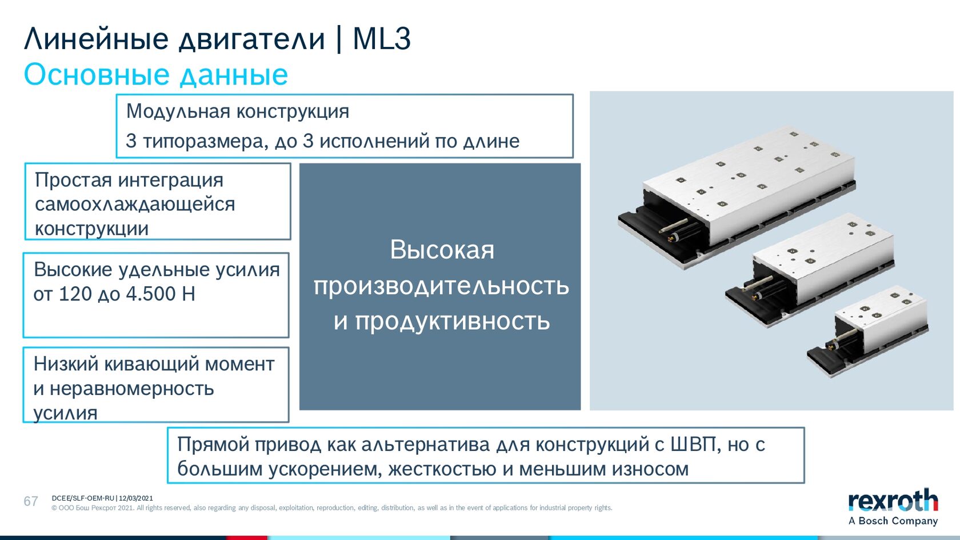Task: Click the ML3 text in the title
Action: [x=382, y=39]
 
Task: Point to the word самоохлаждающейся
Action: [x=135, y=204]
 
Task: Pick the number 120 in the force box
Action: [x=75, y=294]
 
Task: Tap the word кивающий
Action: [x=152, y=365]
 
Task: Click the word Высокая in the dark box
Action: [x=442, y=250]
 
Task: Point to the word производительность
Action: [x=441, y=286]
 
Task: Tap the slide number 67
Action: [x=31, y=501]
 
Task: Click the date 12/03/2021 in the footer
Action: [x=136, y=498]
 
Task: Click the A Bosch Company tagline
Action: [x=893, y=521]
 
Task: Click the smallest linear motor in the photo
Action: [x=867, y=331]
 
